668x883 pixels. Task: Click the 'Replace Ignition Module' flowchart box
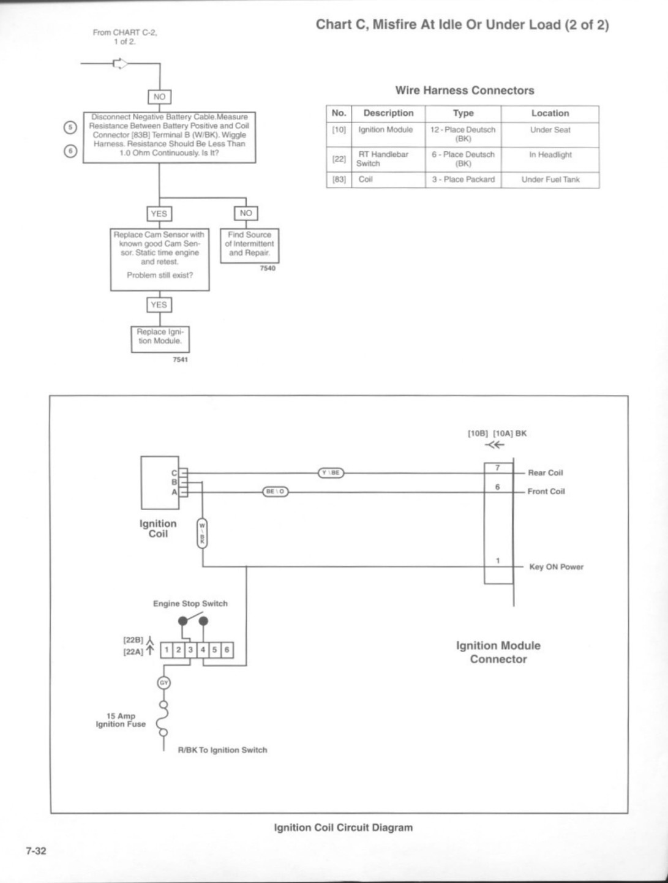[160, 339]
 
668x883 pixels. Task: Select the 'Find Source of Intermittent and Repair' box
[249, 246]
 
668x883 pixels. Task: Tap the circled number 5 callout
[70, 127]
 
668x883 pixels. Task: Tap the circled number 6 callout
[70, 151]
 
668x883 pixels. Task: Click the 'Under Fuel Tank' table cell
[550, 180]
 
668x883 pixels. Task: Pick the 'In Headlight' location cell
[550, 159]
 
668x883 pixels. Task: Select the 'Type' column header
[463, 113]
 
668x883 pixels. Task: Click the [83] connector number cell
[339, 180]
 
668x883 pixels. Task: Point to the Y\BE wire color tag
[331, 473]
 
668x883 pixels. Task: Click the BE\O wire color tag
[276, 492]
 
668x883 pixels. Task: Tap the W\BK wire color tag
[202, 533]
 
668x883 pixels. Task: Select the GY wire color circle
[163, 683]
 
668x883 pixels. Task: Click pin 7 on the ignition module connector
[498, 468]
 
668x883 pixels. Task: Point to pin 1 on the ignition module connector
[498, 561]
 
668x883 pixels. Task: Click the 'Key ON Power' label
[556, 567]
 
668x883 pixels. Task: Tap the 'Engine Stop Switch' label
[190, 603]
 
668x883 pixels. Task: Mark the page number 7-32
[36, 851]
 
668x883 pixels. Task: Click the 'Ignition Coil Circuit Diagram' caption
[343, 827]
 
